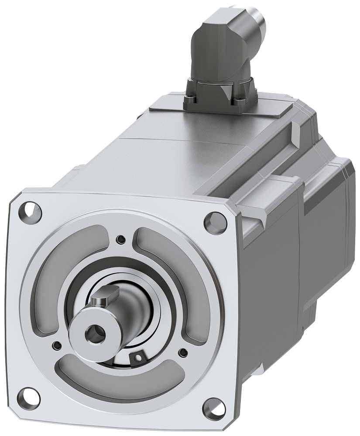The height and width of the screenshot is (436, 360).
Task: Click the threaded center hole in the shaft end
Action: pyautogui.click(x=93, y=334)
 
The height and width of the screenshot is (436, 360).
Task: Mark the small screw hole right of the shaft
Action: pyautogui.click(x=182, y=351)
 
